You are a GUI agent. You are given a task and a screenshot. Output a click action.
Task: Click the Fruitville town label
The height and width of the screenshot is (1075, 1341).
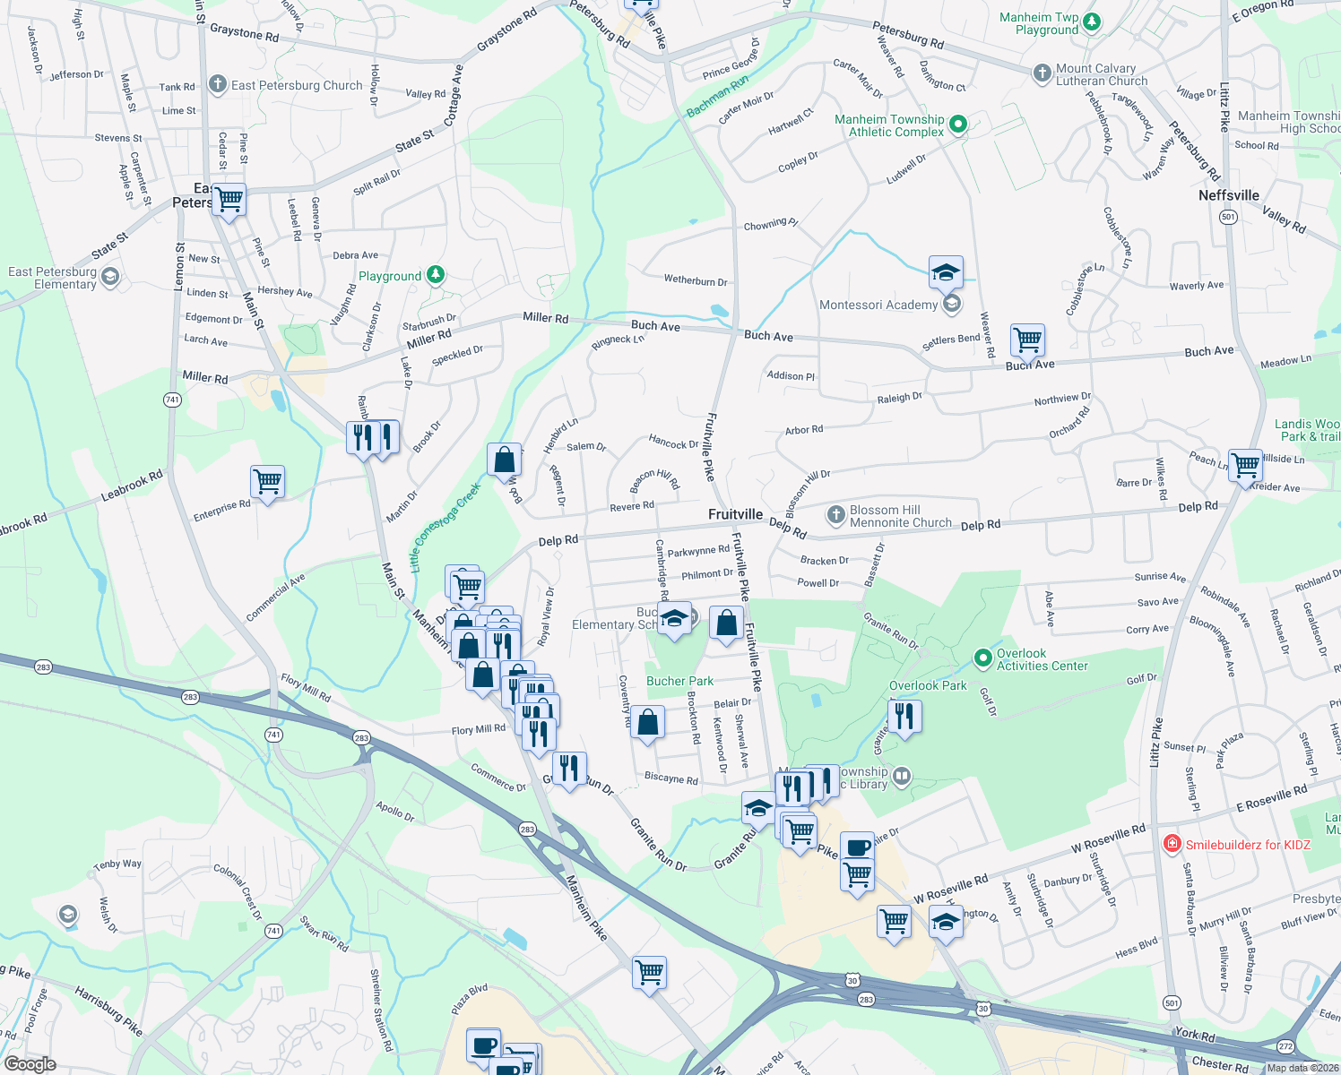[x=735, y=514]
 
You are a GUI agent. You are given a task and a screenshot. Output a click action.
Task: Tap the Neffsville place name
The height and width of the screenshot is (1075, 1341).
[x=1228, y=195]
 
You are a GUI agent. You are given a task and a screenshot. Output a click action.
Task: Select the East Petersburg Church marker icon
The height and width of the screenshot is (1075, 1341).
[x=217, y=85]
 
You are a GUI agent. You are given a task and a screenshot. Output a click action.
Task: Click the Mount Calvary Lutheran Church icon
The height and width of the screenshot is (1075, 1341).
[x=1042, y=73]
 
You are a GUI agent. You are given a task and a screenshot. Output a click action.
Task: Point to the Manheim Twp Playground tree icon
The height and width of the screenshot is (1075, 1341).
[x=1091, y=22]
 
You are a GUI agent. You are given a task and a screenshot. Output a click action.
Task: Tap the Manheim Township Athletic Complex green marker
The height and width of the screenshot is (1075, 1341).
[x=957, y=125]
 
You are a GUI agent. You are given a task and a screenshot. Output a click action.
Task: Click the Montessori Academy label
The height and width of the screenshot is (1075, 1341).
[x=878, y=305]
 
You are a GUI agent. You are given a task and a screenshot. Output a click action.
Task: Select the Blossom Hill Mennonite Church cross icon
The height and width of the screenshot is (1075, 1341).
[x=835, y=514]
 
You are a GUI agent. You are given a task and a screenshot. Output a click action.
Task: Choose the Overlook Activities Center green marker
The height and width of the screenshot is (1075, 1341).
[x=982, y=658]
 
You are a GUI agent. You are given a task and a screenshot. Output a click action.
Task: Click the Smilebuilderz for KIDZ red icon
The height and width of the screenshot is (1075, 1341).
[x=1172, y=844]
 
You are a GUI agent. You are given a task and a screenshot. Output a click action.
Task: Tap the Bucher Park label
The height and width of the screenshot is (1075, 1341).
[x=680, y=681]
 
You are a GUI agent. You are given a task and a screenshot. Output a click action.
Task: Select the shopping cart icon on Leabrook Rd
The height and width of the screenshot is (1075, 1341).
[x=267, y=482]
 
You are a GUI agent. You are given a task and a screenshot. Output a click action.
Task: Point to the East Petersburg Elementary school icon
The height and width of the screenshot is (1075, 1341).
[x=109, y=277]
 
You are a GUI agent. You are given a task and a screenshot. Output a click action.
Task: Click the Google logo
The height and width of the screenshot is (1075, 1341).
[x=30, y=1064]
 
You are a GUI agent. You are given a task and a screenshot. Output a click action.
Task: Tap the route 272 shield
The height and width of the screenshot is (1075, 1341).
[x=1286, y=1047]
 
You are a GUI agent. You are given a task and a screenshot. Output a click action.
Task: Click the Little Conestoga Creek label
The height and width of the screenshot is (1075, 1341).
[x=445, y=528]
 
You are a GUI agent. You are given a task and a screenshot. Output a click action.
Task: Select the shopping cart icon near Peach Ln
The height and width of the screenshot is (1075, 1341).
[x=1245, y=465]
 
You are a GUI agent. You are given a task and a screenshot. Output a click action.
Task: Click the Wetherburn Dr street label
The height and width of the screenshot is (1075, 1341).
[x=696, y=280]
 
